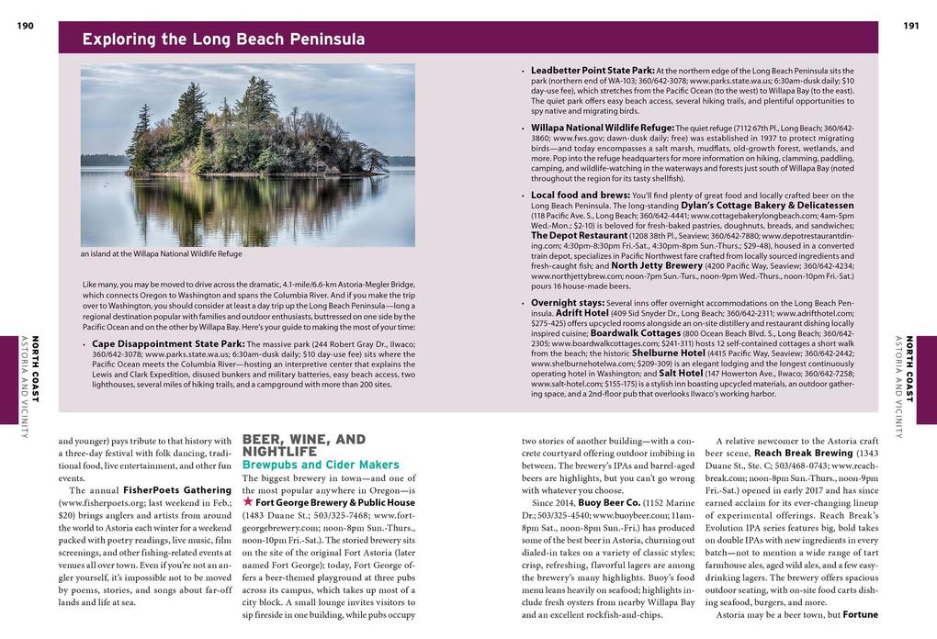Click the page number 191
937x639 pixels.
[x=911, y=26]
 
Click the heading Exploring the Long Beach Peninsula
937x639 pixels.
[x=223, y=39]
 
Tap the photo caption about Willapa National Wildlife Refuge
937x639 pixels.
[x=162, y=254]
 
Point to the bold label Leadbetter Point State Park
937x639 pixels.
[x=593, y=70]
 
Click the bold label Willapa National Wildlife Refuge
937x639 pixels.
[x=603, y=127]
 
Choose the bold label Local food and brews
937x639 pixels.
[x=580, y=195]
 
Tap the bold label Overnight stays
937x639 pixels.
[x=567, y=302]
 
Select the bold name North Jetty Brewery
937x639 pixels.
[x=657, y=265]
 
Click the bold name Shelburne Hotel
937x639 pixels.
[x=668, y=353]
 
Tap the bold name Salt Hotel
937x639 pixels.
[x=681, y=373]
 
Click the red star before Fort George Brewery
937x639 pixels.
[x=247, y=502]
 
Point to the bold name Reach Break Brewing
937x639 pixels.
[x=803, y=453]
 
